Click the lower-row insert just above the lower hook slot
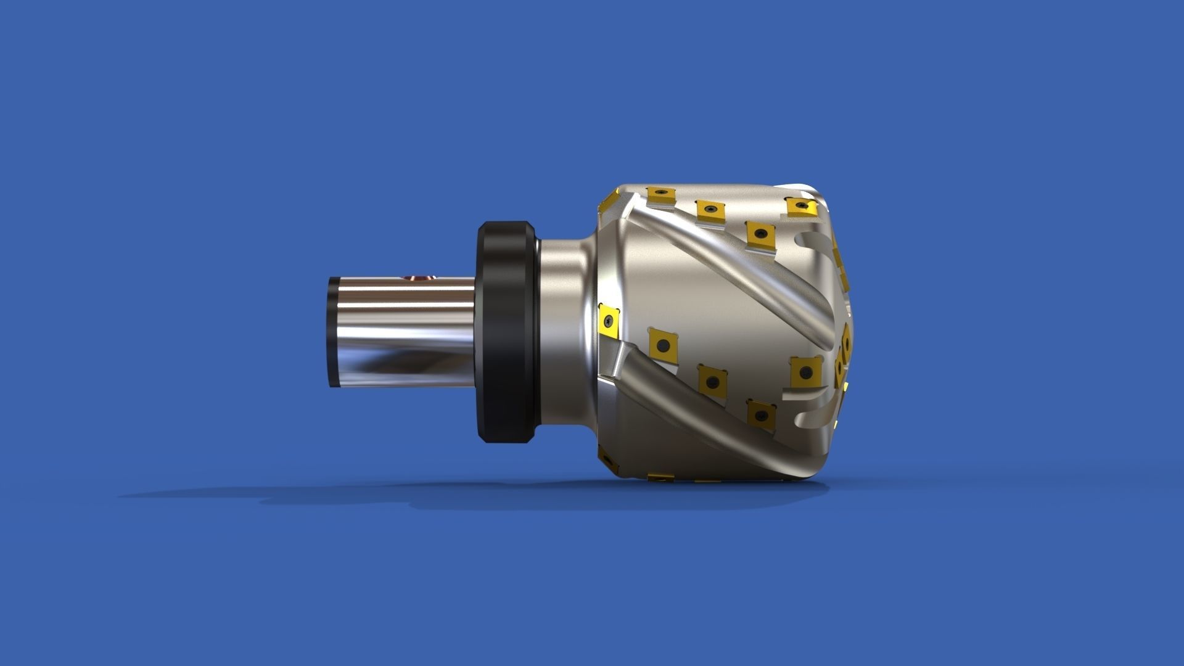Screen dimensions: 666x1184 pos(805,372)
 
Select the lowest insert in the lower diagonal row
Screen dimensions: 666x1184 pos(761,413)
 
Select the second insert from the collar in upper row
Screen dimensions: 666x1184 pos(709,210)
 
